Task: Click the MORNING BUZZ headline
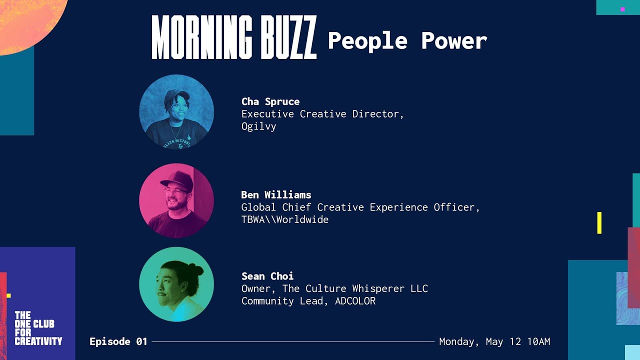click(234, 37)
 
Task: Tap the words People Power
click(407, 40)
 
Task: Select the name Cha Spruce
click(270, 101)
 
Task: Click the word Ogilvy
click(258, 126)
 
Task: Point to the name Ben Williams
click(276, 194)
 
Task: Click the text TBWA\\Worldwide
click(284, 219)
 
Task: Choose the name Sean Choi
click(267, 276)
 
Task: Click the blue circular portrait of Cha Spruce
click(176, 112)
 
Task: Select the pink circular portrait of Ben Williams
click(176, 200)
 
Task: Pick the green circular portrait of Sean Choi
click(176, 284)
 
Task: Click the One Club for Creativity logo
click(38, 328)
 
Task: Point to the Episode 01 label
click(118, 341)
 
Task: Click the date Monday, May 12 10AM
click(494, 341)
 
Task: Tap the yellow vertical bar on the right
click(599, 222)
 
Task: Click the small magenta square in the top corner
click(622, 9)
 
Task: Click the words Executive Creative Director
click(320, 114)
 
